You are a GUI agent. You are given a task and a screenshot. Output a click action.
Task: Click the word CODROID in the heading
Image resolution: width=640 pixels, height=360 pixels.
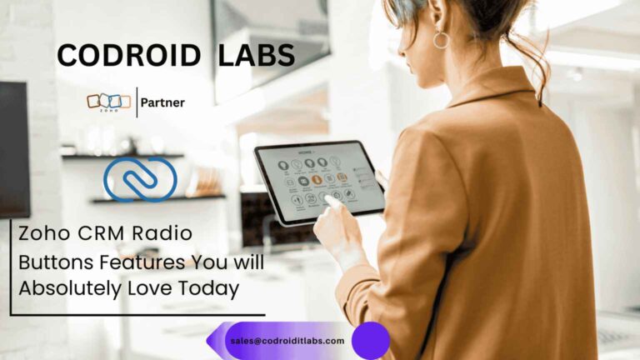click(x=129, y=56)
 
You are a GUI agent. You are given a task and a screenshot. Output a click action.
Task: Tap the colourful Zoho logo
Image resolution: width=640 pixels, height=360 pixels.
click(x=108, y=102)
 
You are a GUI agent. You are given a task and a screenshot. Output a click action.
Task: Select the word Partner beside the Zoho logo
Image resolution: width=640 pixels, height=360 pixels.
click(x=163, y=102)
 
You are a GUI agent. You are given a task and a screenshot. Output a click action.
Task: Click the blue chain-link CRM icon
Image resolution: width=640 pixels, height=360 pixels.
click(x=140, y=178)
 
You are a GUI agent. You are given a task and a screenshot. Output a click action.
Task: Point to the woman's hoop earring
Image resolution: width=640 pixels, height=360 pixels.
click(x=441, y=39)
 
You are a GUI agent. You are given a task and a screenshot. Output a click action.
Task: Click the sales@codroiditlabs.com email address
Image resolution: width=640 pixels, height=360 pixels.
click(x=287, y=341)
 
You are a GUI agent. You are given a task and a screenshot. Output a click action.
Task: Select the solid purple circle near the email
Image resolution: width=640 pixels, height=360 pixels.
click(x=371, y=341)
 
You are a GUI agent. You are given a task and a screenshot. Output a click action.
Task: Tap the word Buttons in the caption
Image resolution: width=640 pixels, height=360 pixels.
click(x=50, y=263)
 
